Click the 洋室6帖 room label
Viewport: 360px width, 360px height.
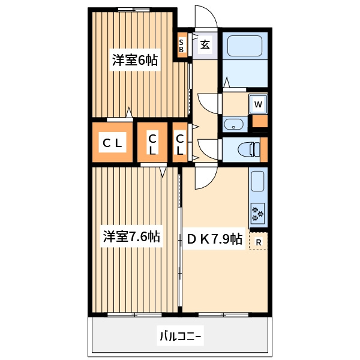(135, 60)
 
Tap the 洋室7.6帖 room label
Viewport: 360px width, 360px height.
(131, 236)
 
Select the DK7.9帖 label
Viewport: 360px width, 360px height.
(214, 239)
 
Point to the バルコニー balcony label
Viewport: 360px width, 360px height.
(180, 337)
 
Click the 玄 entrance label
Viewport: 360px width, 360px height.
(205, 45)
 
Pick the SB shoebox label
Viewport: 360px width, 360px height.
(181, 46)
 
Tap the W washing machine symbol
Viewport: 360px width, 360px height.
(258, 104)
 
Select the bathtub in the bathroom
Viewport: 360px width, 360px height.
(245, 46)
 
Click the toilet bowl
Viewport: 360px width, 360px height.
(248, 149)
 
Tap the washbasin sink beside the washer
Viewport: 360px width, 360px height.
(233, 124)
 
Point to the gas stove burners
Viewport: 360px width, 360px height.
(258, 213)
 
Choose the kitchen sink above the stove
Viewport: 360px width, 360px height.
(257, 181)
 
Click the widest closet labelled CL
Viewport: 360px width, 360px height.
(113, 142)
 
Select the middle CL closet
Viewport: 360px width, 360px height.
(152, 142)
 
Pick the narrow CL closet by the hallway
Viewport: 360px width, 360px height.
(180, 142)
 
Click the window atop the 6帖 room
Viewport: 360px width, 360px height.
(134, 10)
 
